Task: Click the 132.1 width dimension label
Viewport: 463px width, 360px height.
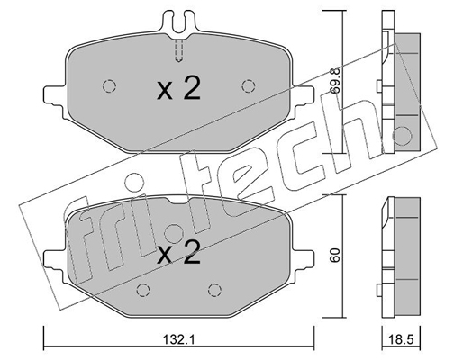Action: [x=179, y=340]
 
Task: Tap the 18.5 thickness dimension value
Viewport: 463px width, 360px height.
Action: [x=401, y=340]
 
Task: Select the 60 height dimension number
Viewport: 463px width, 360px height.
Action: [x=335, y=255]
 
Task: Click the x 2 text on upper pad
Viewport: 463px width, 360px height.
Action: [x=179, y=88]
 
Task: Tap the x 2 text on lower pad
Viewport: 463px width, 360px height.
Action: [x=179, y=253]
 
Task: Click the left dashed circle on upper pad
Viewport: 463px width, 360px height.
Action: [x=109, y=86]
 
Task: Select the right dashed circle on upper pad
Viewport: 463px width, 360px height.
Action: [x=249, y=86]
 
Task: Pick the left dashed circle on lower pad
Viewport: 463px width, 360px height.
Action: [x=143, y=290]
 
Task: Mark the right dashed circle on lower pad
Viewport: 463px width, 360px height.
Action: [x=214, y=290]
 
